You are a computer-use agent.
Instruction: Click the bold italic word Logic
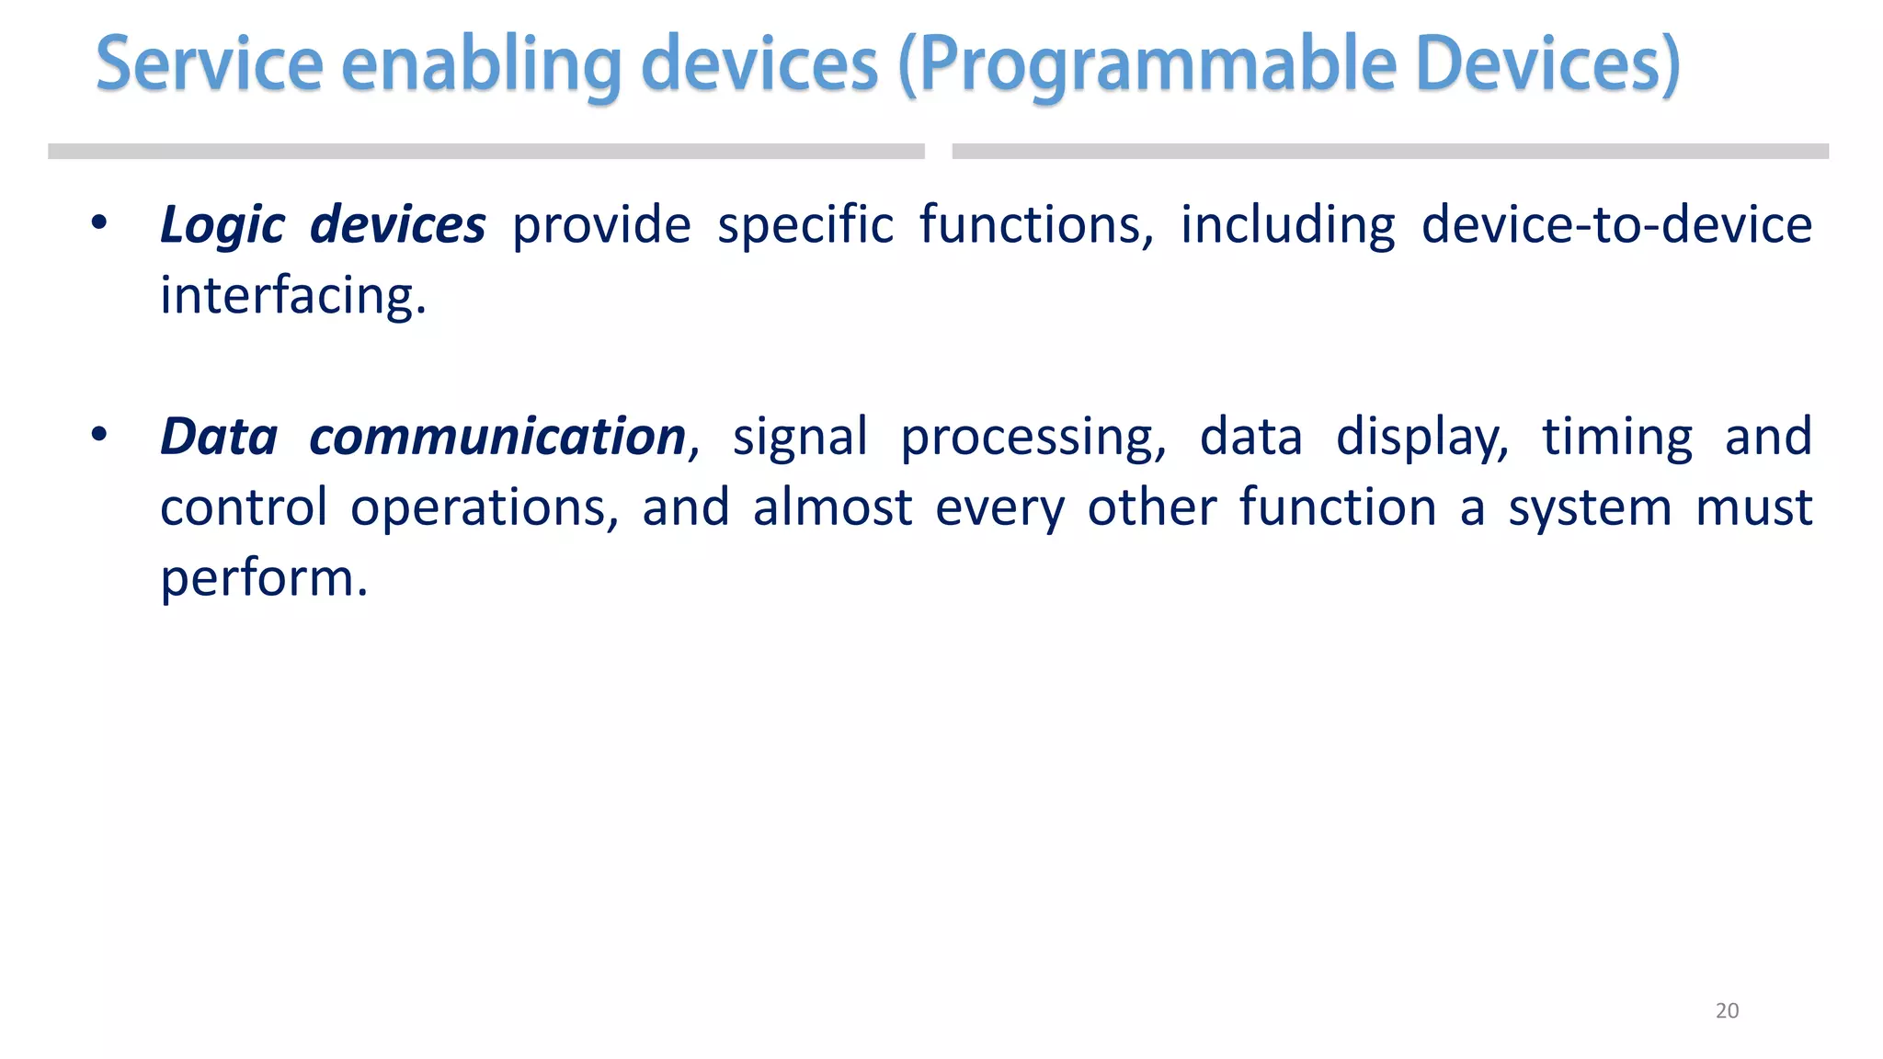tap(222, 226)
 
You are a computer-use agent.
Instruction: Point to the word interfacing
tap(292, 297)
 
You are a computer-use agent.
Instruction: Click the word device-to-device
tap(1615, 225)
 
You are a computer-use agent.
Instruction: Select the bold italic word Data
tap(219, 437)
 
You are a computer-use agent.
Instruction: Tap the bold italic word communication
tap(496, 437)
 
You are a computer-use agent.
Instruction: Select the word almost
tap(832, 508)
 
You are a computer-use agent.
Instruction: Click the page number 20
tap(1727, 1010)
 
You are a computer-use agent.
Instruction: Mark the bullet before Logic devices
tap(99, 223)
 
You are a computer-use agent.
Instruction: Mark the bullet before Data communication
tap(99, 435)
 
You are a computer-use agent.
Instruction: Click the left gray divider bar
tap(485, 152)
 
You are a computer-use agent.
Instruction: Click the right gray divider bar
tap(1389, 152)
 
